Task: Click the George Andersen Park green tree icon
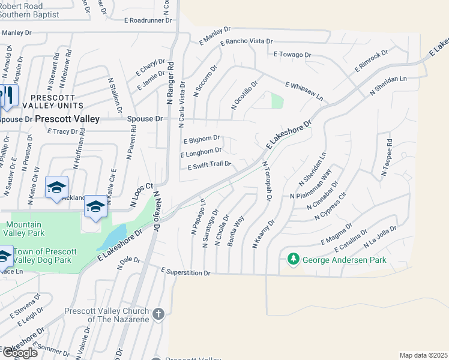(x=293, y=260)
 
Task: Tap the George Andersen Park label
(x=345, y=260)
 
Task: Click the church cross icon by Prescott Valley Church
(x=158, y=314)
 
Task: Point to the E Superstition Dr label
(x=186, y=272)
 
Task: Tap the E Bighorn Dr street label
(x=200, y=139)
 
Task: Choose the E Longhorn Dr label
(x=201, y=153)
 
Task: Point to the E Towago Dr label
(x=292, y=55)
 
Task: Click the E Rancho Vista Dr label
(x=247, y=42)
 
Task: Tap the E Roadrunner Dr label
(x=148, y=19)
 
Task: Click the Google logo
(x=19, y=352)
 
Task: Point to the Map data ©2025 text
(x=423, y=355)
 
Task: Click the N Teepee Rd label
(x=386, y=159)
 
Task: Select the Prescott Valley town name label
(x=67, y=119)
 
